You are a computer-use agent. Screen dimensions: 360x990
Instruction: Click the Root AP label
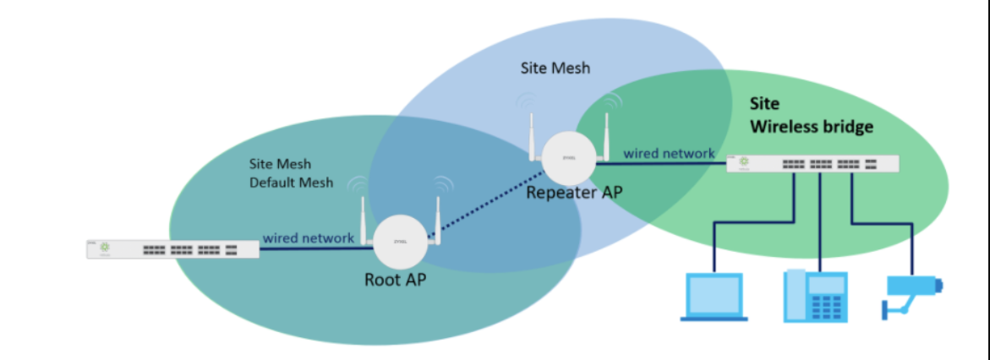pyautogui.click(x=395, y=280)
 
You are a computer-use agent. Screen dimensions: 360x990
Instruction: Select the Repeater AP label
pyautogui.click(x=574, y=192)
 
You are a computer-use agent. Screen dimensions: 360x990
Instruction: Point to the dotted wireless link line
pyautogui.click(x=482, y=203)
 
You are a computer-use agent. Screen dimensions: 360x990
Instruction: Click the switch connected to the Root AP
pyautogui.click(x=172, y=248)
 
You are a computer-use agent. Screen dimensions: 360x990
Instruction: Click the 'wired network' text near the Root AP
pyautogui.click(x=308, y=238)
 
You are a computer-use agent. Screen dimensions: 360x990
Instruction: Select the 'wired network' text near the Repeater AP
pyautogui.click(x=669, y=154)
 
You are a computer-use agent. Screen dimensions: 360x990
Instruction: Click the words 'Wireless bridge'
pyautogui.click(x=812, y=127)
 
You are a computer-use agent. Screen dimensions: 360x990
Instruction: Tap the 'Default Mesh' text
pyautogui.click(x=291, y=182)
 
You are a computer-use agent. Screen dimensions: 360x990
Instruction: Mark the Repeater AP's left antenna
pyautogui.click(x=532, y=135)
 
